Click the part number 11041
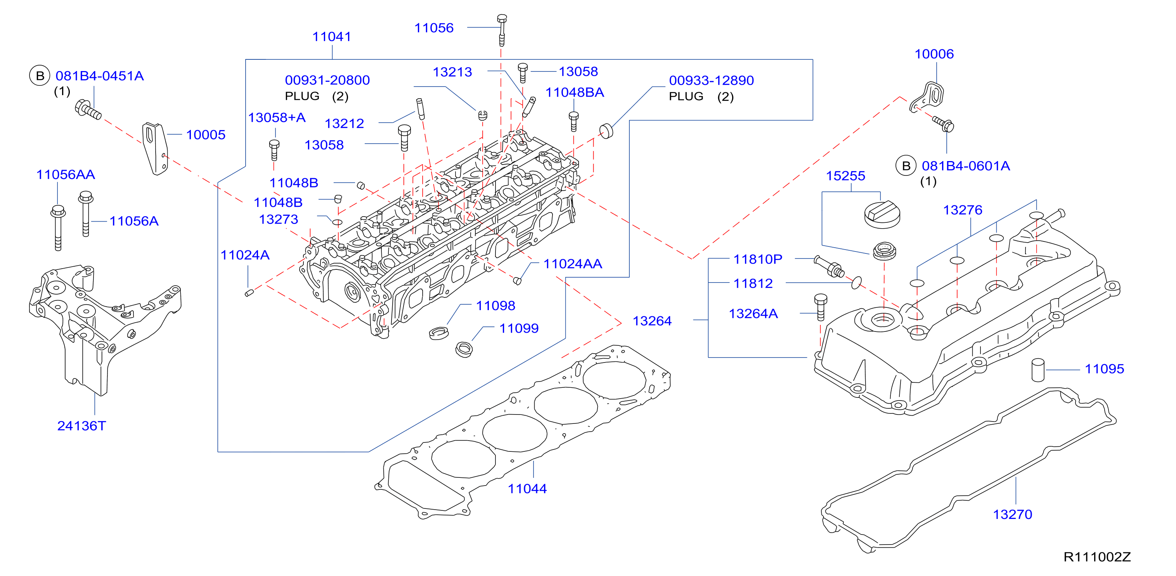tap(331, 36)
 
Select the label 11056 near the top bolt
tap(434, 28)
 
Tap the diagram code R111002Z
tap(1097, 557)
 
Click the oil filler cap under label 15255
tap(882, 214)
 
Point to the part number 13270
tap(1012, 514)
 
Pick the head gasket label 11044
tap(527, 489)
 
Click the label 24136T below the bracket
tap(81, 426)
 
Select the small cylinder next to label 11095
tap(1038, 370)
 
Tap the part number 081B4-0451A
tap(100, 76)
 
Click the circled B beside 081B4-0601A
tap(906, 166)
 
